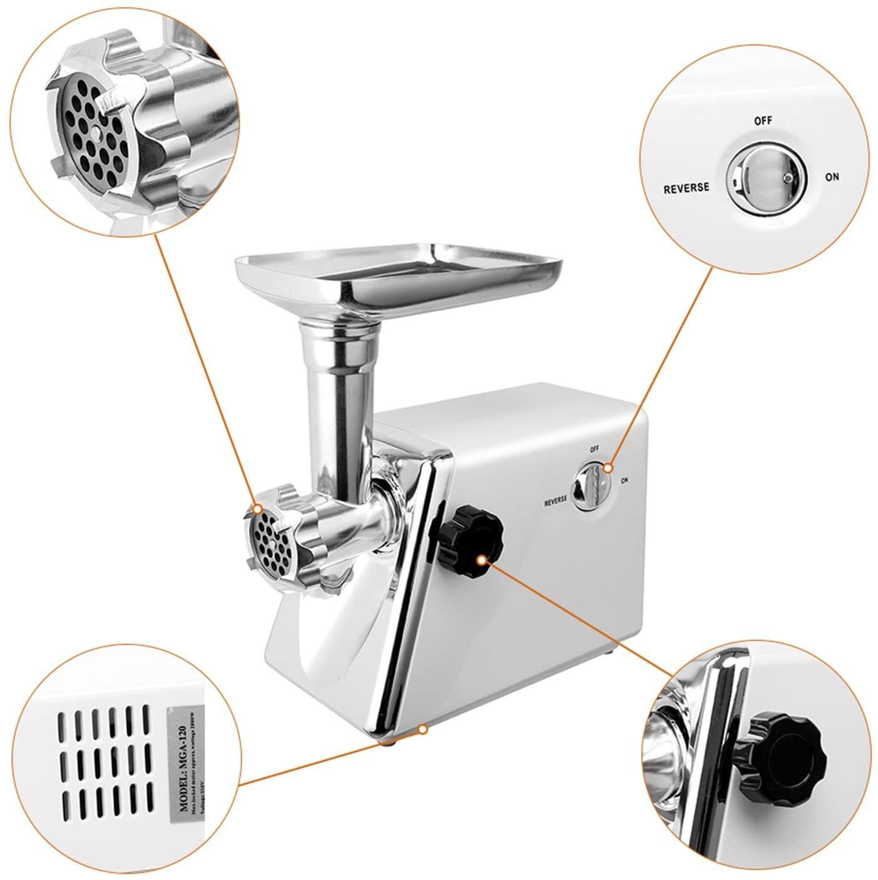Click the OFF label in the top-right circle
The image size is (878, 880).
[762, 121]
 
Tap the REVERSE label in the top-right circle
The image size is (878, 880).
[687, 187]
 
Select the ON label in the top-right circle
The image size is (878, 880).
[832, 177]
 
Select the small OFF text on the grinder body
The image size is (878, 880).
[594, 448]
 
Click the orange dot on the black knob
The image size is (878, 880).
[480, 560]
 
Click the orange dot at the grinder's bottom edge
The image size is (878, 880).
[423, 728]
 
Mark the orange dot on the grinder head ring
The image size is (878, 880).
[258, 508]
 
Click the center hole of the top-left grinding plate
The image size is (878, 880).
[94, 133]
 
